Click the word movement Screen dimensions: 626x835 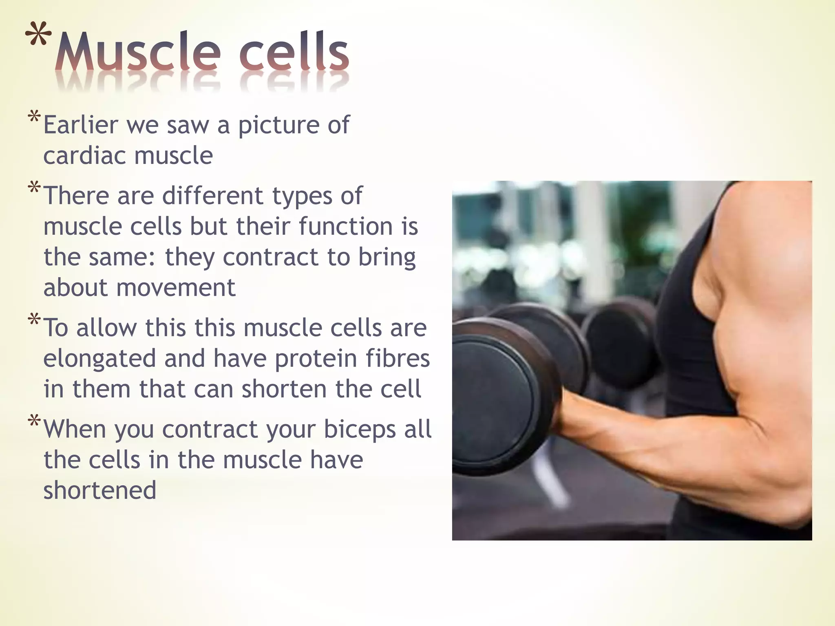click(176, 288)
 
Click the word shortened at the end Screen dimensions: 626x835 click(100, 490)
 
